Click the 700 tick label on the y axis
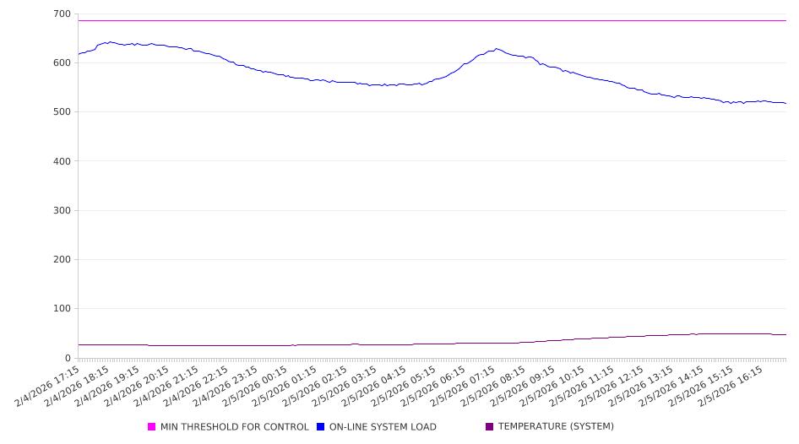pyautogui.click(x=61, y=14)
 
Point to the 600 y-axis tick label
pyautogui.click(x=61, y=63)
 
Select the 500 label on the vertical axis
pyautogui.click(x=61, y=112)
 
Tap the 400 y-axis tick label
pyautogui.click(x=61, y=161)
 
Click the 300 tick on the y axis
pyautogui.click(x=61, y=211)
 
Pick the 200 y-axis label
pyautogui.click(x=61, y=260)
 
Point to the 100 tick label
pyautogui.click(x=61, y=309)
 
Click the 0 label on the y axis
pyautogui.click(x=68, y=358)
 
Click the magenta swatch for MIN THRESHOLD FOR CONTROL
pyautogui.click(x=152, y=427)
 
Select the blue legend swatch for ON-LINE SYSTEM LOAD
pyautogui.click(x=321, y=427)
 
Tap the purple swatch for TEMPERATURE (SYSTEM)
pyautogui.click(x=490, y=427)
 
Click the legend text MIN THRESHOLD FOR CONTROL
pyautogui.click(x=234, y=427)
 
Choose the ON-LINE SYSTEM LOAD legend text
pyautogui.click(x=383, y=427)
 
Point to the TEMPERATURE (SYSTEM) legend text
pyautogui.click(x=556, y=427)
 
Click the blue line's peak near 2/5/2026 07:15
pyautogui.click(x=497, y=49)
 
